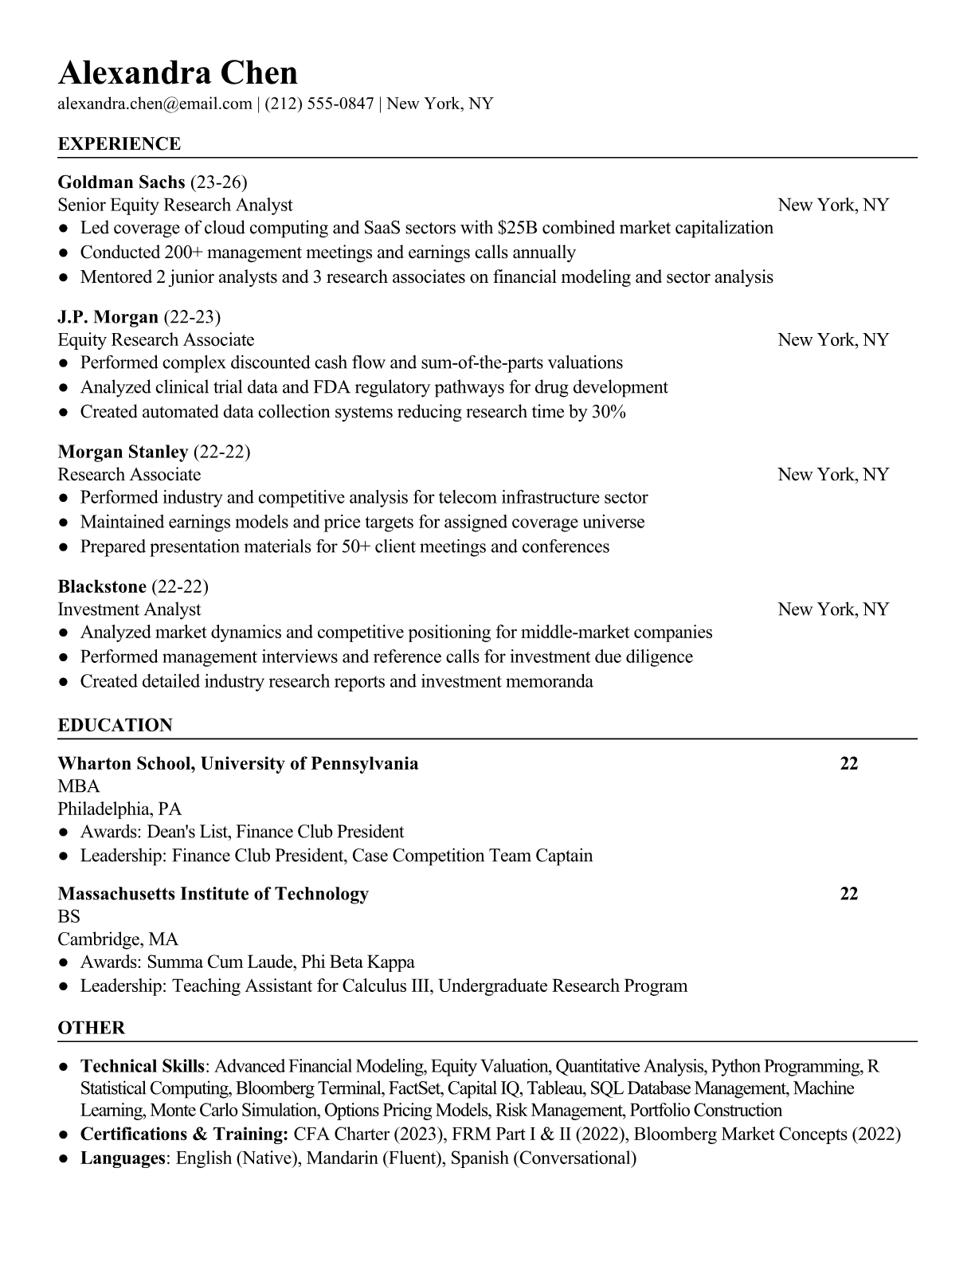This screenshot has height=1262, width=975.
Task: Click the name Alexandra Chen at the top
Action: [178, 73]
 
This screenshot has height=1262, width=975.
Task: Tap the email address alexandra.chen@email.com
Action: [155, 104]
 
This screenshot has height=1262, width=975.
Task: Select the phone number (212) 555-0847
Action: [319, 104]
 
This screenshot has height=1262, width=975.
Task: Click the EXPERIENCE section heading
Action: [119, 144]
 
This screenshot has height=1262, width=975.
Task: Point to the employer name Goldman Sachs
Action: [121, 182]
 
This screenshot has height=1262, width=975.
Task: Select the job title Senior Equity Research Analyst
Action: [175, 206]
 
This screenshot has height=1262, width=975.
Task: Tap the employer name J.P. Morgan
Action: [108, 317]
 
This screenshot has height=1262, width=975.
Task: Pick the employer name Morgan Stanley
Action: [123, 452]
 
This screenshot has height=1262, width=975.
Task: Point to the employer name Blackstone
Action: [102, 587]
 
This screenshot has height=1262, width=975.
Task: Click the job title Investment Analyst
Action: [129, 609]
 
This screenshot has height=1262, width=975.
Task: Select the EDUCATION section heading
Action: [115, 726]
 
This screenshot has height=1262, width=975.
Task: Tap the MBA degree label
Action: [79, 786]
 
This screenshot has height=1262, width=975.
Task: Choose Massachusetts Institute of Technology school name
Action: [213, 894]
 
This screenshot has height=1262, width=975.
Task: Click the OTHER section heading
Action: [92, 1028]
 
